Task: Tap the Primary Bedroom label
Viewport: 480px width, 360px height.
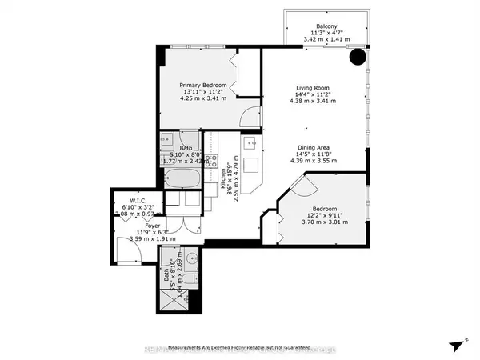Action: [x=202, y=86]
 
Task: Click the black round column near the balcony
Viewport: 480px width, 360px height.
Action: [x=358, y=58]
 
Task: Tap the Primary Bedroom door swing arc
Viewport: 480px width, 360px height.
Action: [x=250, y=116]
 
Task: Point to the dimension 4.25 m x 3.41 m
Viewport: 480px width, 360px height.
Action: [x=202, y=101]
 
